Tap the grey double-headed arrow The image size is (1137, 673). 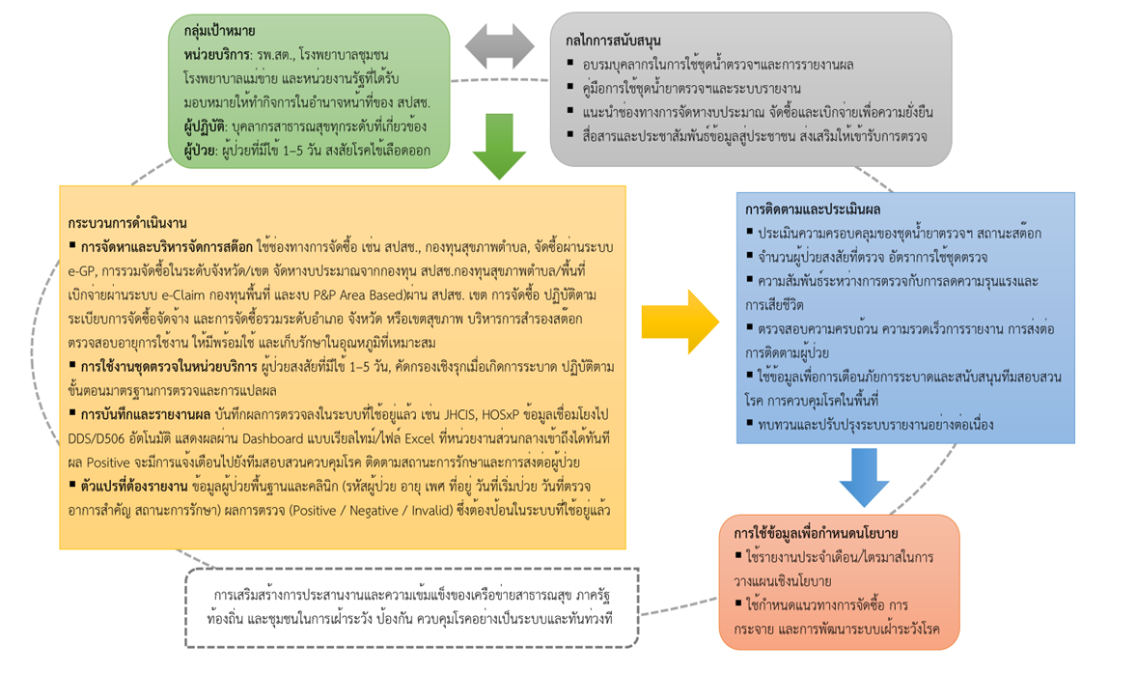tap(499, 46)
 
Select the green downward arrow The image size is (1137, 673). tap(499, 146)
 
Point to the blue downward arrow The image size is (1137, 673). tap(864, 477)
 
